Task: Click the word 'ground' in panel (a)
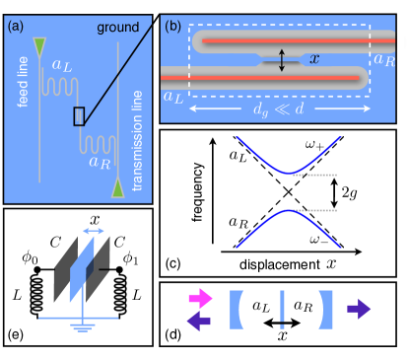pyautogui.click(x=118, y=28)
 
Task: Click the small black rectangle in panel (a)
pyautogui.click(x=79, y=117)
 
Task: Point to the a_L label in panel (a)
pyautogui.click(x=62, y=66)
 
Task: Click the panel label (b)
pyautogui.click(x=172, y=27)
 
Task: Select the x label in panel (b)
pyautogui.click(x=314, y=60)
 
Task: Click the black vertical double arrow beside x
pyautogui.click(x=282, y=61)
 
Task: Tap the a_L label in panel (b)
pyautogui.click(x=174, y=96)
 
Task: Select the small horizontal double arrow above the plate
pyautogui.click(x=94, y=230)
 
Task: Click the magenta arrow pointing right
pyautogui.click(x=200, y=295)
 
